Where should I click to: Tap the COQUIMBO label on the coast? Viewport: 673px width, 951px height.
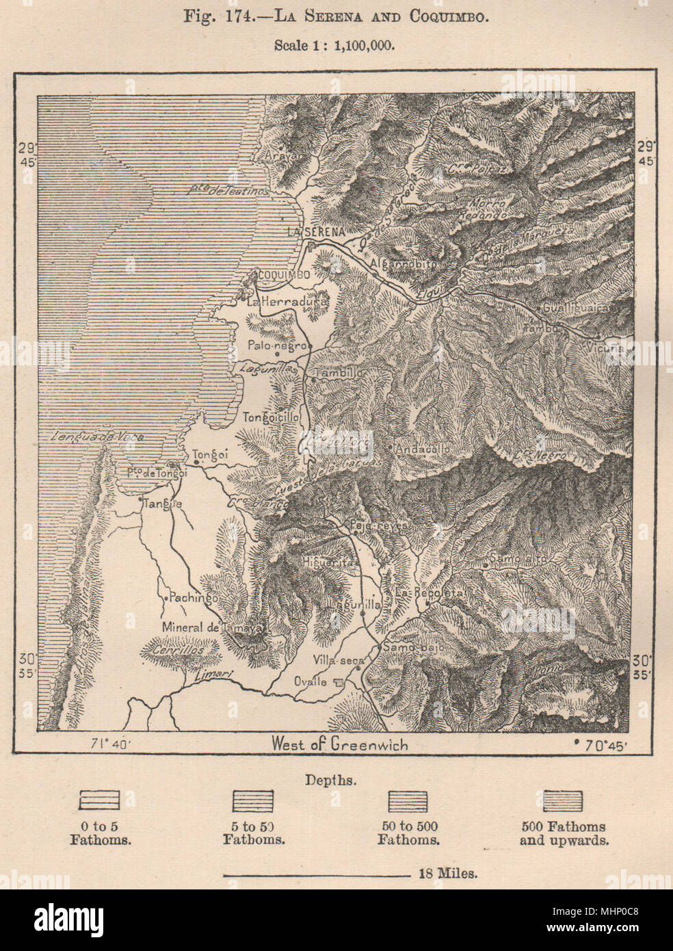(x=284, y=274)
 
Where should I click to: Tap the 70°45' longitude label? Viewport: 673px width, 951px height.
(x=595, y=744)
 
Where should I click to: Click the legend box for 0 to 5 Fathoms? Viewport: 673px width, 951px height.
(x=100, y=800)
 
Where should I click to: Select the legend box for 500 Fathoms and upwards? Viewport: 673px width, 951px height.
(x=564, y=800)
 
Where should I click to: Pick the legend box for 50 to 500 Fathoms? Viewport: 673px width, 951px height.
(x=408, y=800)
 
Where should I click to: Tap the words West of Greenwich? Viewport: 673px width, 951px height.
(x=339, y=744)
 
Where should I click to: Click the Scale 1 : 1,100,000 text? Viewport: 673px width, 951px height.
(x=336, y=45)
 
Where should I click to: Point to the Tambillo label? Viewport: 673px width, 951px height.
(x=339, y=374)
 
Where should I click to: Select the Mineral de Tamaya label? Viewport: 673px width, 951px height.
(x=202, y=627)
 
